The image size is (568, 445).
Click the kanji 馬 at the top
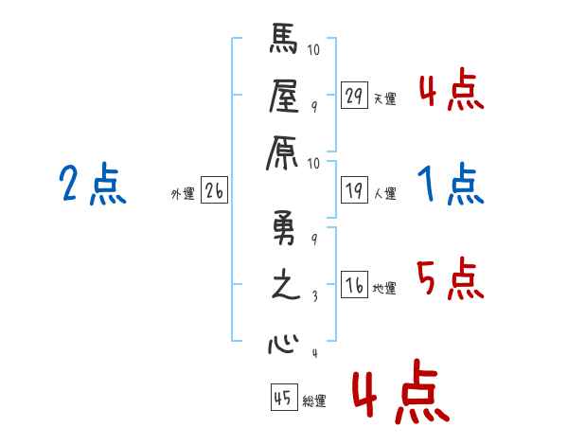coord(285,43)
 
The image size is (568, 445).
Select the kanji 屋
coord(285,96)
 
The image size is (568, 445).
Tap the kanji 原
coord(285,149)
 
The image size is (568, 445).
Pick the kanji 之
coord(285,286)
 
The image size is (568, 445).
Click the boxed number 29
coord(355,96)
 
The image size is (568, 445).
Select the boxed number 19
coord(355,191)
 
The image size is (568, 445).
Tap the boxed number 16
coord(355,286)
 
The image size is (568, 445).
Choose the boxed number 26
coord(214,191)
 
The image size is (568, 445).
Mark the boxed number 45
coord(283,399)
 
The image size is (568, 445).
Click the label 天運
coord(384,98)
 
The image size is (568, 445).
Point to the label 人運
coord(384,194)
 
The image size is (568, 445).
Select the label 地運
coord(384,289)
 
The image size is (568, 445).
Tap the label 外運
coord(182,194)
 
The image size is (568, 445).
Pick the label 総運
coord(314,401)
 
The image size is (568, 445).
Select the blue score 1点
coord(451,185)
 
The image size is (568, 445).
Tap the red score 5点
coord(451,279)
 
